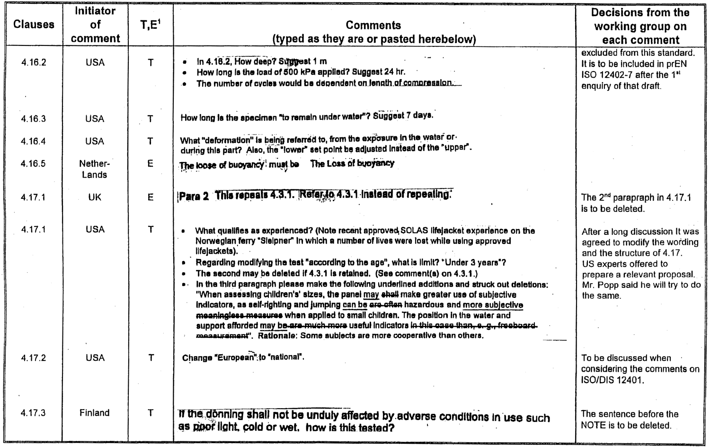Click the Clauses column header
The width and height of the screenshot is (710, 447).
(34, 25)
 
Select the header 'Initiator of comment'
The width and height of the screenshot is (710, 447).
(95, 25)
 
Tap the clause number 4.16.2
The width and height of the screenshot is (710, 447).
(34, 63)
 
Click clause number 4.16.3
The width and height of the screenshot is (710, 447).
(34, 119)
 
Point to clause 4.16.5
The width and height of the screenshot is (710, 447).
(34, 164)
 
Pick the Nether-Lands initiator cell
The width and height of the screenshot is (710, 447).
(95, 169)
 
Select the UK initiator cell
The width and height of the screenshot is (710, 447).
(95, 197)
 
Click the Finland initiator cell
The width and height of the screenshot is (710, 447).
(95, 413)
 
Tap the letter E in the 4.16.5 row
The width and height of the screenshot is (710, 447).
(150, 164)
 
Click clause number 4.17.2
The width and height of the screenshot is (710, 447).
(34, 358)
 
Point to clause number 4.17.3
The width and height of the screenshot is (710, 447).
(34, 413)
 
